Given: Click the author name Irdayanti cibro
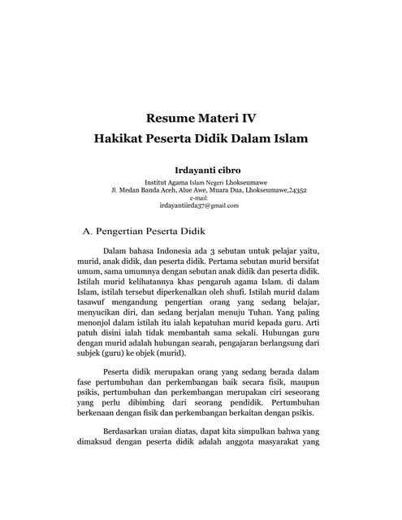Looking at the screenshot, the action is (201, 170).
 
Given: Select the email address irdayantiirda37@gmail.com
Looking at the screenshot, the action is (201, 206).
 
